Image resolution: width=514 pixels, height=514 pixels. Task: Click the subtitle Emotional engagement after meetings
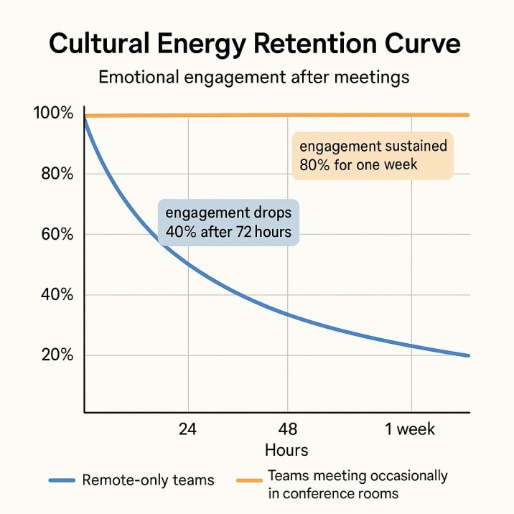(253, 77)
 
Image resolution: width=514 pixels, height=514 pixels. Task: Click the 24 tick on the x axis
(187, 430)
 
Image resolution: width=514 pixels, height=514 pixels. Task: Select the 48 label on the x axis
(287, 430)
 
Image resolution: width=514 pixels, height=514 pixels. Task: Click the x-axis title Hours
(286, 450)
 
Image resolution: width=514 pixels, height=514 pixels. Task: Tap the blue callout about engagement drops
(228, 223)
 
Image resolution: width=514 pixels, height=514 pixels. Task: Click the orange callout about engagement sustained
(373, 156)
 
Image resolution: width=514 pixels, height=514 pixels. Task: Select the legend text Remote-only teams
(148, 480)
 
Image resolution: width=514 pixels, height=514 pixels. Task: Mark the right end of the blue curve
(469, 355)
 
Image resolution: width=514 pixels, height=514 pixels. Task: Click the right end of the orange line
(469, 115)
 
